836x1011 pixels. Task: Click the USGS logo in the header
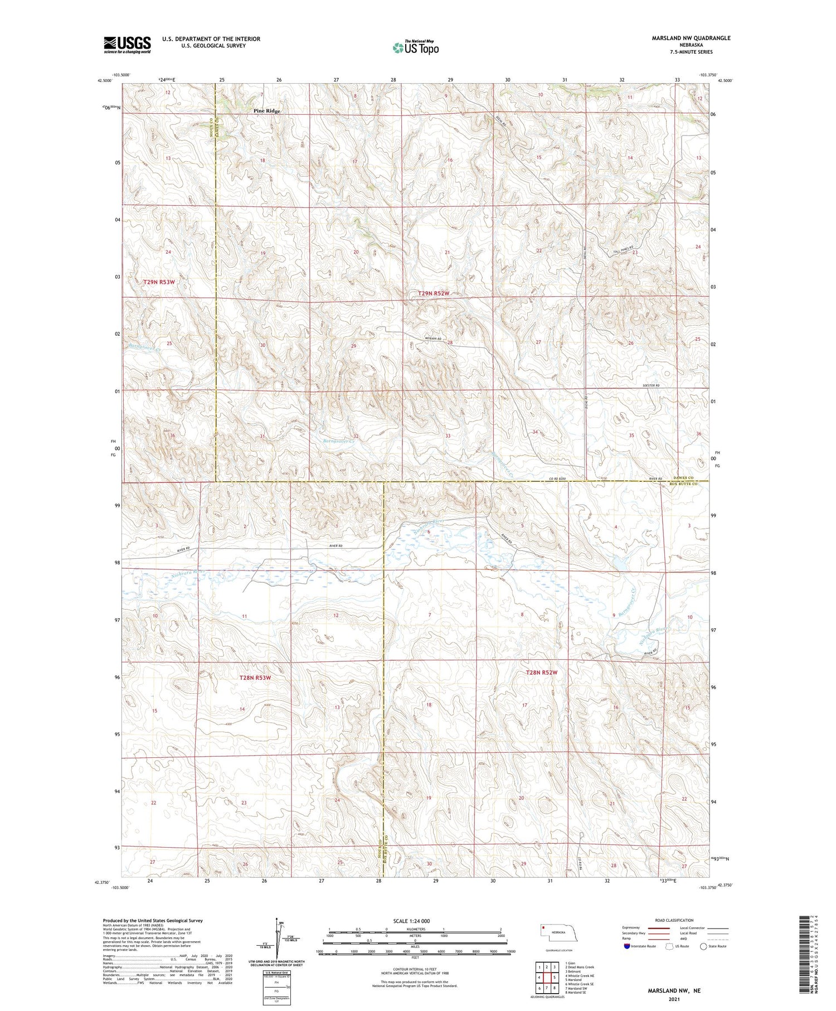click(127, 45)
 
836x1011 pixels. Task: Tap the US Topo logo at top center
click(415, 47)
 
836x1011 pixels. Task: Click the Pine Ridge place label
click(267, 111)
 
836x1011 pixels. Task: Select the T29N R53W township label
click(159, 282)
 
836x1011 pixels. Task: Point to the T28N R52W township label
click(541, 673)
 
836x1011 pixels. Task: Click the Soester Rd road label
click(650, 385)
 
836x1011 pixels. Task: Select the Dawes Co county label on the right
click(683, 478)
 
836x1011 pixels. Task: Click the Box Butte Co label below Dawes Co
click(683, 484)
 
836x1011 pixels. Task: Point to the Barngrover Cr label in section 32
click(338, 441)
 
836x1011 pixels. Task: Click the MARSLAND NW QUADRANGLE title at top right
click(691, 38)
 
